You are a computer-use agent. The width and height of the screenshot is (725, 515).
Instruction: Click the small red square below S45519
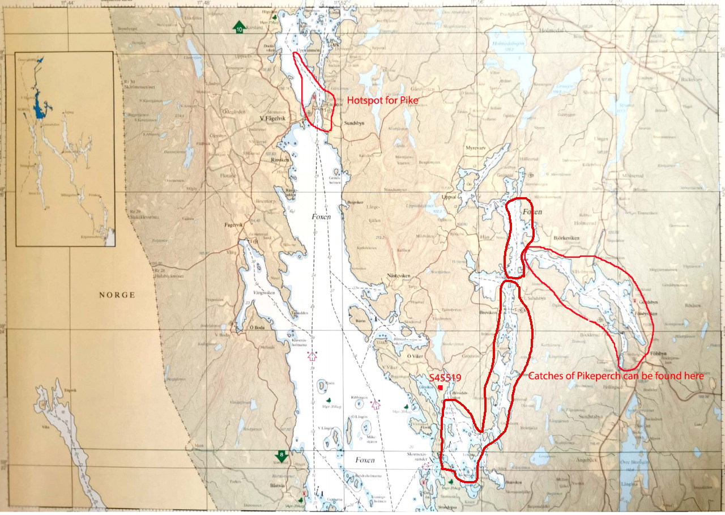(x=440, y=387)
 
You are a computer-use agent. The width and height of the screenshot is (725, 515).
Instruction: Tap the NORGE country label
(x=117, y=295)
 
